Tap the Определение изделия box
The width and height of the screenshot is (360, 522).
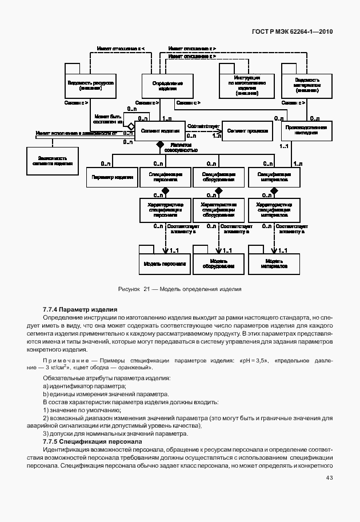point(167,86)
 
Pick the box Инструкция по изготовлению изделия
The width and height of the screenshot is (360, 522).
point(247,85)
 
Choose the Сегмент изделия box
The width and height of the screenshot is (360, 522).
point(159,131)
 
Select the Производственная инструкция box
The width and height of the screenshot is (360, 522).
point(307,131)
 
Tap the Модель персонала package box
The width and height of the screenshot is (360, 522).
point(165,264)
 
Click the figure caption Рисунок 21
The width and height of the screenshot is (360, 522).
point(179,289)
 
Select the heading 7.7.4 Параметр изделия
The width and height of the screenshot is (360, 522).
point(80,309)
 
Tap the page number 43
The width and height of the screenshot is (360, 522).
point(329,478)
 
